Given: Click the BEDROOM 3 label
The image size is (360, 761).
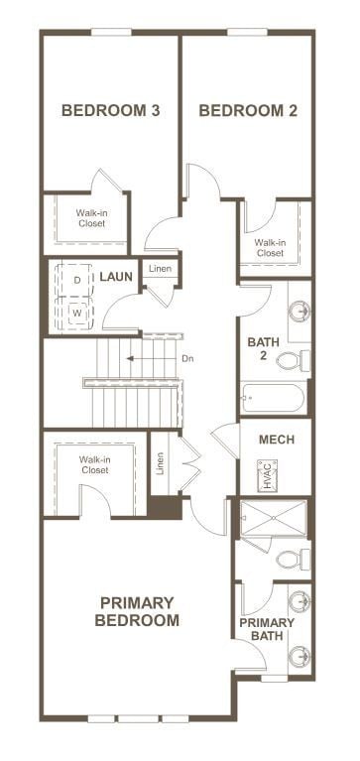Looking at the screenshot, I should pyautogui.click(x=111, y=110).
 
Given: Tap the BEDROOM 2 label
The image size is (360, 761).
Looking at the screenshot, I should pyautogui.click(x=248, y=110).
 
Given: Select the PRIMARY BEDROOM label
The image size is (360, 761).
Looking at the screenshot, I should pyautogui.click(x=137, y=611).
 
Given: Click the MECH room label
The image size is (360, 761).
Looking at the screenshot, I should pyautogui.click(x=274, y=440).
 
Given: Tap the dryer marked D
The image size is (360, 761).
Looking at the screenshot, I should pyautogui.click(x=77, y=281).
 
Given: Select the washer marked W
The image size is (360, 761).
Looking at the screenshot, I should pyautogui.click(x=77, y=313).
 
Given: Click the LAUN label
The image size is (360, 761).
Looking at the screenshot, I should pyautogui.click(x=116, y=276).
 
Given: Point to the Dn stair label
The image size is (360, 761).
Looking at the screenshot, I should pyautogui.click(x=187, y=358).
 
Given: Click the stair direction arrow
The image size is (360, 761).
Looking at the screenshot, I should pyautogui.click(x=149, y=358).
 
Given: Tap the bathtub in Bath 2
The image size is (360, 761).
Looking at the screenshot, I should pyautogui.click(x=273, y=400).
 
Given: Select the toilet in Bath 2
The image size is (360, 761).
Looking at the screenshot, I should pyautogui.click(x=292, y=359).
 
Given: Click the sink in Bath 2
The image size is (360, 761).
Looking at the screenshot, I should pyautogui.click(x=297, y=310).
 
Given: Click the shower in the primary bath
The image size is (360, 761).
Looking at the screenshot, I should pyautogui.click(x=274, y=518).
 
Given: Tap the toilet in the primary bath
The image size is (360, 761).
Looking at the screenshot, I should pyautogui.click(x=290, y=560).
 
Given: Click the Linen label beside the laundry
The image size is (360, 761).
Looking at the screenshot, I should pyautogui.click(x=159, y=270).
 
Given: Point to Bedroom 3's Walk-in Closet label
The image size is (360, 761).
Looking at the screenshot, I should pyautogui.click(x=93, y=217).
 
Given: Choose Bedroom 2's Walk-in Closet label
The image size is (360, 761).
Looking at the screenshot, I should pyautogui.click(x=270, y=247).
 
